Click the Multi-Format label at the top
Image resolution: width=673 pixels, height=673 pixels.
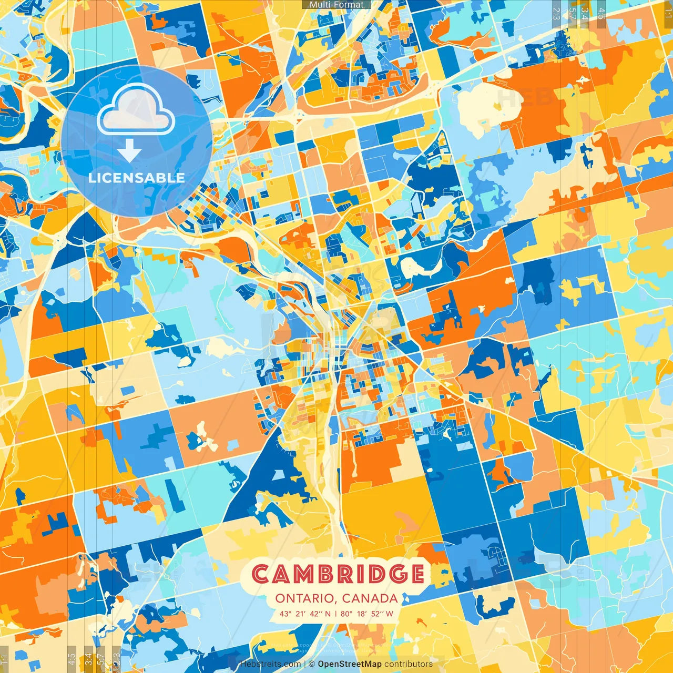tap(336, 5)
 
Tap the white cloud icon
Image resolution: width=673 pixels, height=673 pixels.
tap(136, 110)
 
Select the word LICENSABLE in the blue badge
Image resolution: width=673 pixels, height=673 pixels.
tap(137, 178)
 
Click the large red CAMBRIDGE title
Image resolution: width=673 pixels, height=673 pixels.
tap(338, 574)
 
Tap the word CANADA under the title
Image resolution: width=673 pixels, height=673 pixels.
tap(370, 598)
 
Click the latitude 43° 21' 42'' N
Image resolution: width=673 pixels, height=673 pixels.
tap(305, 614)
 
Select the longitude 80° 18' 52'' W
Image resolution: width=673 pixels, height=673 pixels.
tap(367, 614)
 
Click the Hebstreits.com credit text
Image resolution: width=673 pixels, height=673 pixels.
tap(270, 664)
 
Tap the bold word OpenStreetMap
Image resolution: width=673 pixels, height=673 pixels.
tap(350, 664)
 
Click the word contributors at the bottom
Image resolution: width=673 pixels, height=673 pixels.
tap(409, 664)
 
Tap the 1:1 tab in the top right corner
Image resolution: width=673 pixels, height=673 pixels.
tap(668, 12)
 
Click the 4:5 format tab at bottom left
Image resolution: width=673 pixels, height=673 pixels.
tap(72, 659)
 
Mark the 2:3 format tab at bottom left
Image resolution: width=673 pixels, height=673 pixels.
tap(117, 659)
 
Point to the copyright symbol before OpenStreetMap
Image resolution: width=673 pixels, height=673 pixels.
tap(311, 664)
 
